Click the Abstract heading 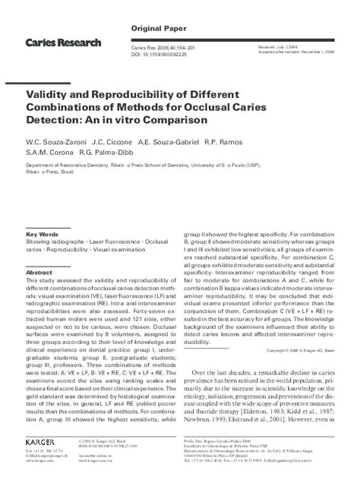click(39, 271)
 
